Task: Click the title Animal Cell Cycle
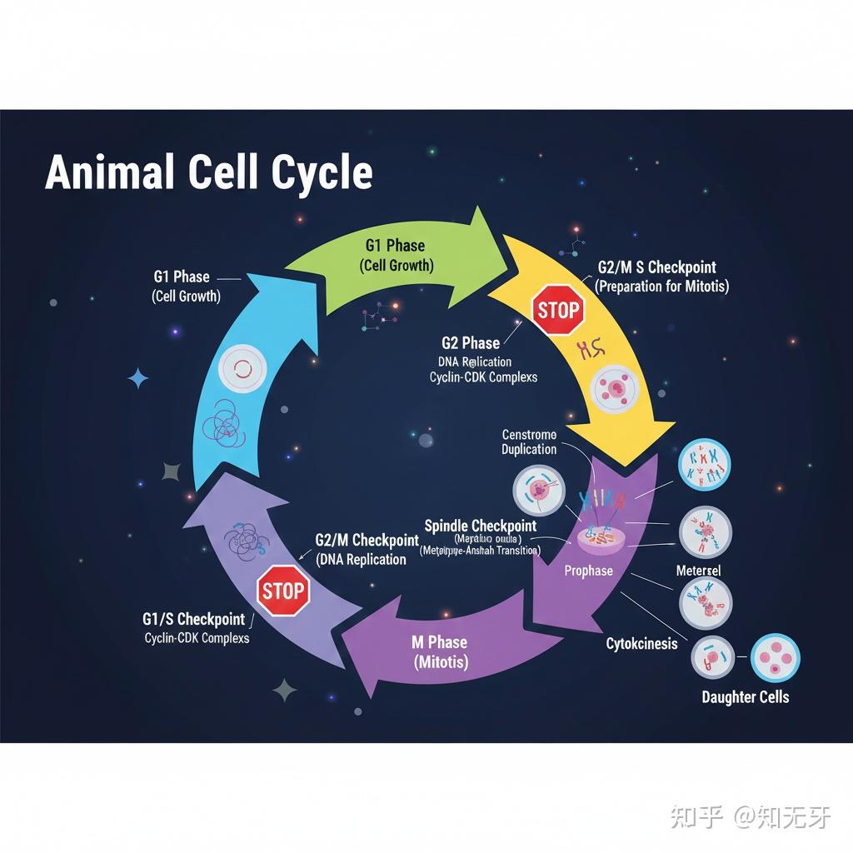coord(208,172)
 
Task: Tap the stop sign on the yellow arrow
coord(557,311)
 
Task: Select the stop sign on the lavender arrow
coord(282,591)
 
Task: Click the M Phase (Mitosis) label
coord(439,652)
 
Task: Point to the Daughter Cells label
coord(745,696)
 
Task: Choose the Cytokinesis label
coord(641,644)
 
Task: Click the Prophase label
coord(588,571)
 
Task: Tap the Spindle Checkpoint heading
coord(481,526)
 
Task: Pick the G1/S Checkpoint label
coord(193,619)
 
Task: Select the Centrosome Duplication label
coord(529,441)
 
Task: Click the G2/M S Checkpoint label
coord(656,267)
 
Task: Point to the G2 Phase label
coord(471,342)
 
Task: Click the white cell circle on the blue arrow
coord(241,369)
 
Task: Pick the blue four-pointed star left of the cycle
coord(138,379)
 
